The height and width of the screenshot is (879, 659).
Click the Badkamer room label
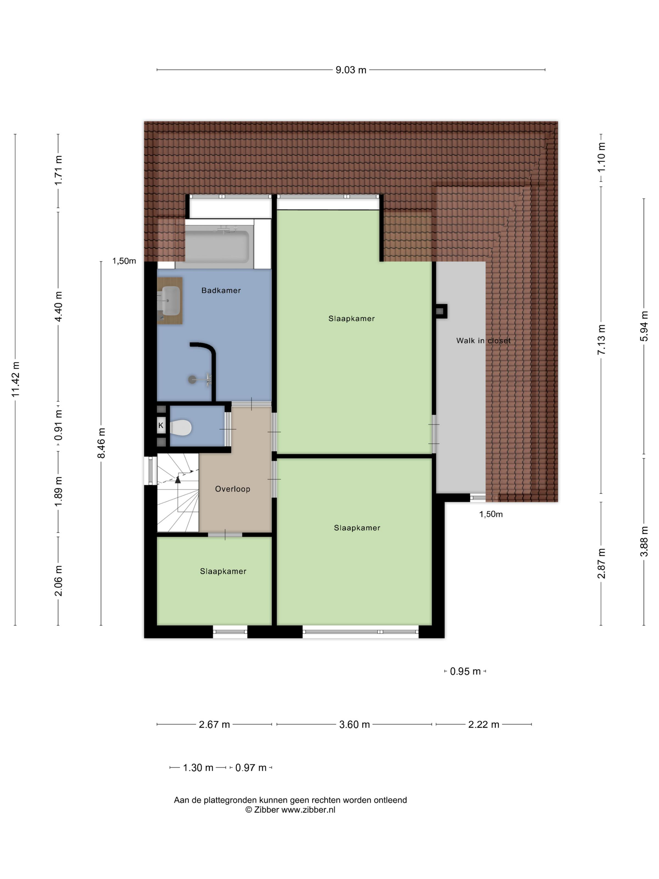pos(221,290)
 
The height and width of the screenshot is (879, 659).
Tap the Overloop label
pos(233,489)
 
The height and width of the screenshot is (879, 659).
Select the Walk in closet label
pos(483,341)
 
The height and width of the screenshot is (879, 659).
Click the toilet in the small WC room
pos(181,428)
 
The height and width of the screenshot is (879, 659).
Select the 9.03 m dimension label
pos(351,70)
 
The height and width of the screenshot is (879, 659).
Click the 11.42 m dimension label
pos(15,379)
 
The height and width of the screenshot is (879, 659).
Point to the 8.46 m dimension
pos(101,443)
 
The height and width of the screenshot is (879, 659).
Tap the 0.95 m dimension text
pos(465,671)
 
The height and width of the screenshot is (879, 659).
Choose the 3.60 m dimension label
pos(354,725)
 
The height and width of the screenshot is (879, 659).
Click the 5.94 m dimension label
pos(644,326)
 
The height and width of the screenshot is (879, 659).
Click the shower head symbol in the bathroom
pos(192,380)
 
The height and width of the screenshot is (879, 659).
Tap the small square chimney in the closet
pos(440,311)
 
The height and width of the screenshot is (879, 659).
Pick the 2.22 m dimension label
pos(484,725)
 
